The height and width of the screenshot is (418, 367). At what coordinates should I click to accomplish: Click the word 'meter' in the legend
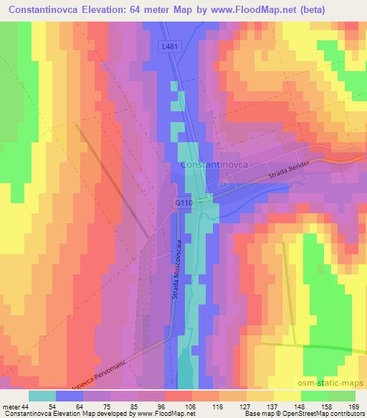[11, 406]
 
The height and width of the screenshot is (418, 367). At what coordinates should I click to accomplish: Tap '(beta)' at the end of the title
[346, 11]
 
